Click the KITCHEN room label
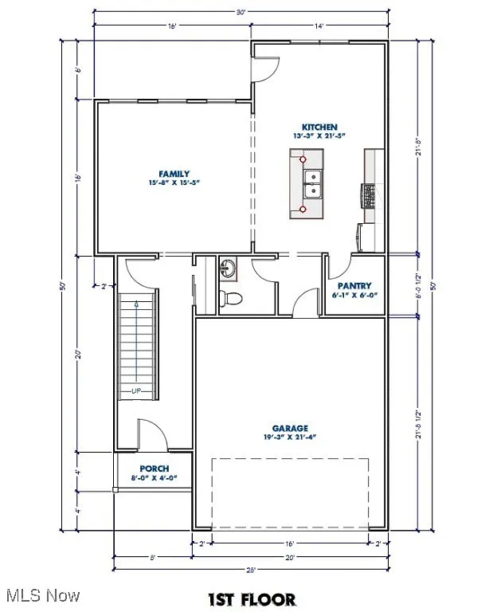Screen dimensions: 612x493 click(x=319, y=127)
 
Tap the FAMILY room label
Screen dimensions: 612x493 click(x=174, y=173)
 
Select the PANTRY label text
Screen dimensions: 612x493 click(x=354, y=285)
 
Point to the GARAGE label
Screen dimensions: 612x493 click(x=290, y=428)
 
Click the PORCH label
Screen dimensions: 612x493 click(x=154, y=469)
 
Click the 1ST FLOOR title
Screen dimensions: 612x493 click(x=252, y=599)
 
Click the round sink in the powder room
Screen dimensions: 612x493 click(x=228, y=268)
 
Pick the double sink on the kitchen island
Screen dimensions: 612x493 click(x=312, y=183)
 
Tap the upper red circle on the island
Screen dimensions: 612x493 click(x=303, y=159)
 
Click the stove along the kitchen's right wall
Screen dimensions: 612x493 click(x=369, y=195)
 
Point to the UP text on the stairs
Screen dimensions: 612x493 click(x=136, y=390)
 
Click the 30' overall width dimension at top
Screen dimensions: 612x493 click(x=241, y=12)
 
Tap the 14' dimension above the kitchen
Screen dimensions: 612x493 click(x=319, y=26)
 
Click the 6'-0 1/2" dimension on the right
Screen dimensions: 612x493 click(x=420, y=284)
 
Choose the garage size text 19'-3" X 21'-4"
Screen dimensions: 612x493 click(x=290, y=437)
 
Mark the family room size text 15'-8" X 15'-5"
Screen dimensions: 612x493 click(x=174, y=182)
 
